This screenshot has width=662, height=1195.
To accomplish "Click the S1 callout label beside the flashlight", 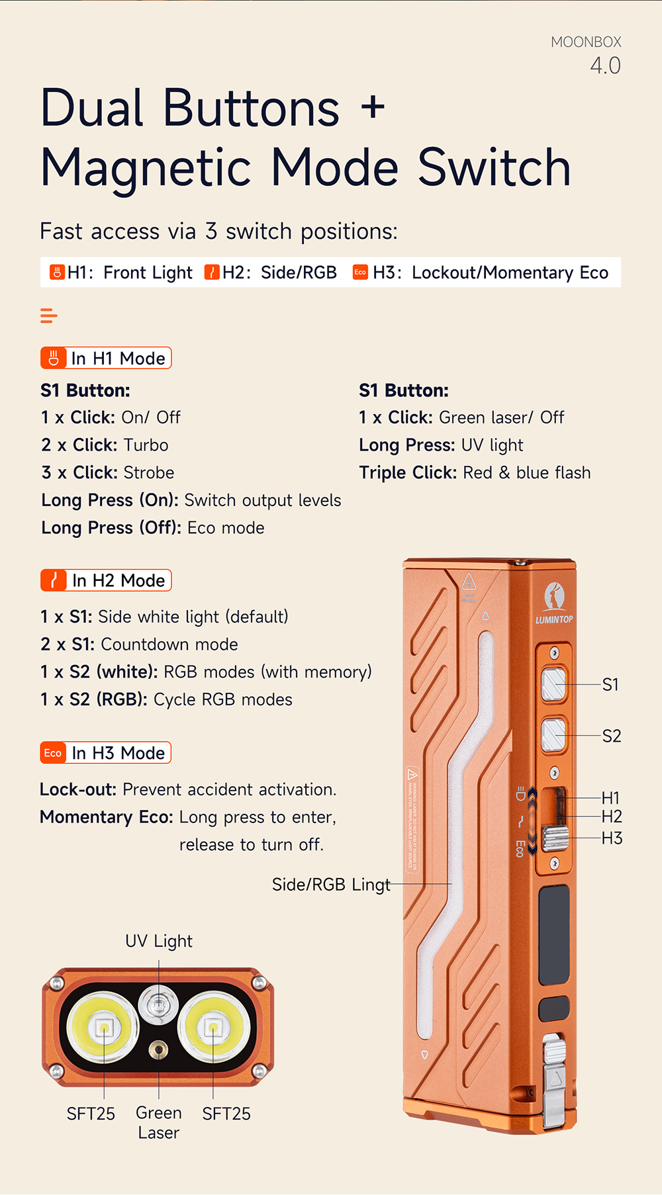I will tap(610, 685).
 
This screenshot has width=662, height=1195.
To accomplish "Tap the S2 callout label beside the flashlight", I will tap(612, 736).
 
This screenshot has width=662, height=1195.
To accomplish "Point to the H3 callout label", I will tap(612, 838).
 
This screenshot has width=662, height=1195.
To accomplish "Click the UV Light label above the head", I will tap(159, 941).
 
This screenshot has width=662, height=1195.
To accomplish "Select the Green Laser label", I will tap(159, 1123).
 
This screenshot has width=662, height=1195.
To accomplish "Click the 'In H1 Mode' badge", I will tap(106, 358).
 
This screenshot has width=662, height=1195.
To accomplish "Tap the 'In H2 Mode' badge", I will tap(106, 580).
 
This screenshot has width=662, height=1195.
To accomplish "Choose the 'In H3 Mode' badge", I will tap(106, 753).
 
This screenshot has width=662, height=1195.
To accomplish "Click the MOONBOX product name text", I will tap(586, 42).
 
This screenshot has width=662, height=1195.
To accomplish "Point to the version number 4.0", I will tap(605, 66).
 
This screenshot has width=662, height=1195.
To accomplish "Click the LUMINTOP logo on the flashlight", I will tap(554, 605).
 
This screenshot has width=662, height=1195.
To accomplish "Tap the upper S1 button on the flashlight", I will tap(554, 684).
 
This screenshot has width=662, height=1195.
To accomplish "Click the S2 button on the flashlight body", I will tap(554, 735).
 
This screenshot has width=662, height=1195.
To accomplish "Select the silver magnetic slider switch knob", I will tap(555, 838).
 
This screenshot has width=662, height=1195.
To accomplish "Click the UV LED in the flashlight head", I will tap(158, 1005).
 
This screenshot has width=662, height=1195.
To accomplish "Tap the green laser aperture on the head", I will tap(158, 1049).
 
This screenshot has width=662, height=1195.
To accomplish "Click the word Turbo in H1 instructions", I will tap(146, 445).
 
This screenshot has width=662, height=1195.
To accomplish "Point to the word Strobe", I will tap(149, 473).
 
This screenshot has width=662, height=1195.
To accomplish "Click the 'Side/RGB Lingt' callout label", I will tap(331, 885).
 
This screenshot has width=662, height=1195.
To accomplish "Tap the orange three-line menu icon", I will tap(48, 316).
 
